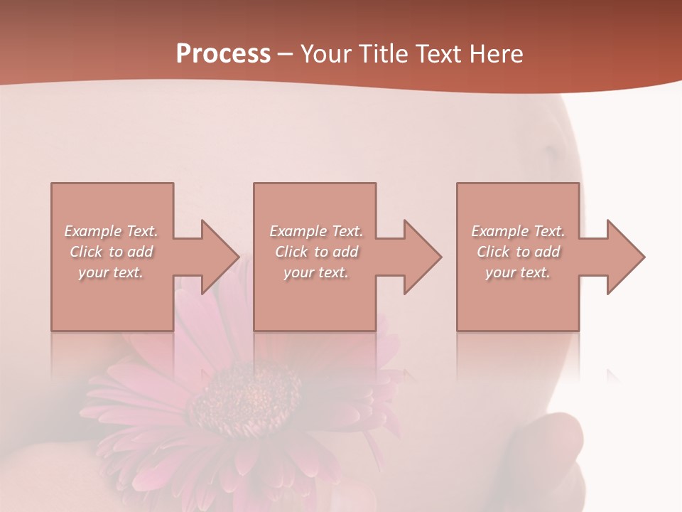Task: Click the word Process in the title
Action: (x=223, y=54)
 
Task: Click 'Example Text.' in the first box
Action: (x=112, y=231)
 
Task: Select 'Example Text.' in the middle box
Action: (x=316, y=231)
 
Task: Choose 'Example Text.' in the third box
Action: (x=518, y=231)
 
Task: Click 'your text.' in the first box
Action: (x=112, y=272)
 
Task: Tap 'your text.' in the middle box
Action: (x=316, y=272)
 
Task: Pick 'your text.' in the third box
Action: (x=518, y=272)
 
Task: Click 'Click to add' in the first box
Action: (x=112, y=252)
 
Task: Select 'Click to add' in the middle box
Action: (x=316, y=252)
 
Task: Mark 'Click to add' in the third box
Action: (x=518, y=252)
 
